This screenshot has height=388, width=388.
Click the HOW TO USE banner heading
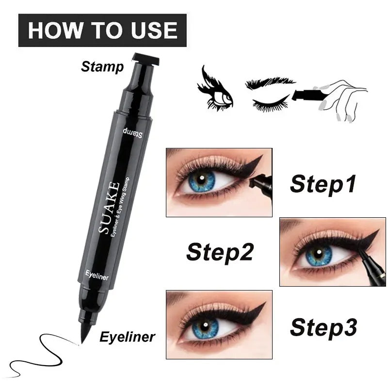[x=102, y=30]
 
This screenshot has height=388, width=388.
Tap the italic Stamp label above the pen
[x=102, y=66]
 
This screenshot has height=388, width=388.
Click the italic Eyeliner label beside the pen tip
[x=127, y=336]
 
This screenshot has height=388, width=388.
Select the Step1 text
[x=323, y=184]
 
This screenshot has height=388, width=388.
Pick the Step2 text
[x=220, y=252]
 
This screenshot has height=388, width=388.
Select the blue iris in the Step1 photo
[x=202, y=181]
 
